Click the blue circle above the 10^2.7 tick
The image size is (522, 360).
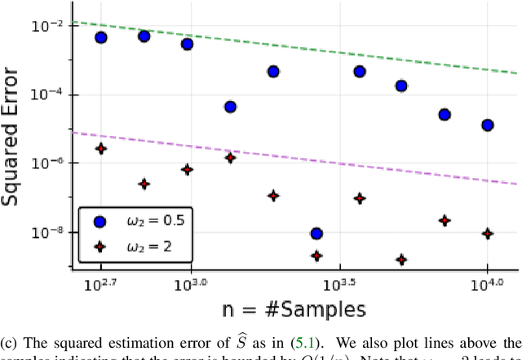[x=100, y=38]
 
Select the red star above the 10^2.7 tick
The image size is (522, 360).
[x=100, y=149]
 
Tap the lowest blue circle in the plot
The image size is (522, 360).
[x=316, y=234]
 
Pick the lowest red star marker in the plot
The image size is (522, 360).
[x=401, y=260]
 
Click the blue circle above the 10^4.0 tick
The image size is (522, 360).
[x=488, y=125]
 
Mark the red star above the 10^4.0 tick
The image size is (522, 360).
[x=488, y=233]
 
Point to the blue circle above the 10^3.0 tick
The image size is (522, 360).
[x=187, y=44]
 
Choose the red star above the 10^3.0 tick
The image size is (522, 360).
[x=187, y=170]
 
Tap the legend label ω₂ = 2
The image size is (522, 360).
[x=139, y=246]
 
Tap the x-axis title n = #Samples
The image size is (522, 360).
[x=294, y=309]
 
